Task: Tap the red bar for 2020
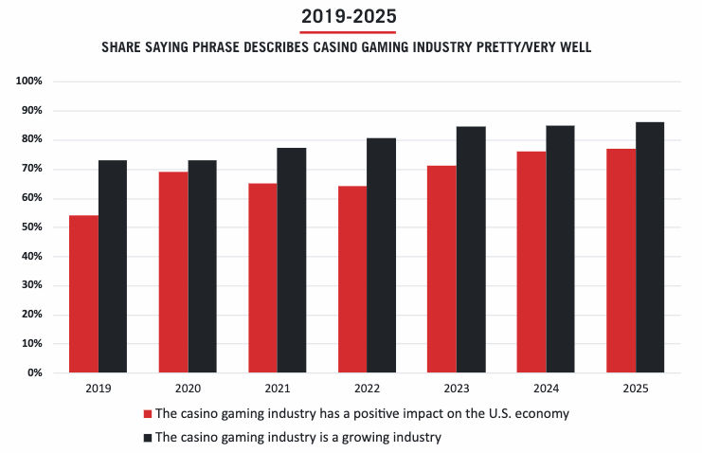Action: tap(173, 272)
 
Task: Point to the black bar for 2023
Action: tap(471, 249)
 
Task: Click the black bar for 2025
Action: tap(650, 247)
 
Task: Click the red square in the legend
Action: tap(147, 414)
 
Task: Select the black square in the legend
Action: tap(147, 437)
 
